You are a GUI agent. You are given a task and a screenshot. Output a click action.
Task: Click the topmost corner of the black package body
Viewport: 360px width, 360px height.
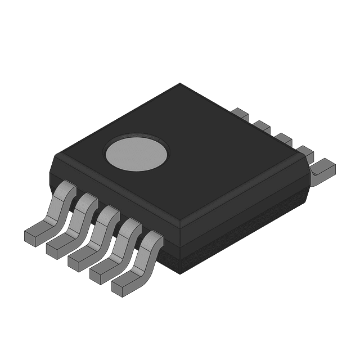(x=180, y=84)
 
